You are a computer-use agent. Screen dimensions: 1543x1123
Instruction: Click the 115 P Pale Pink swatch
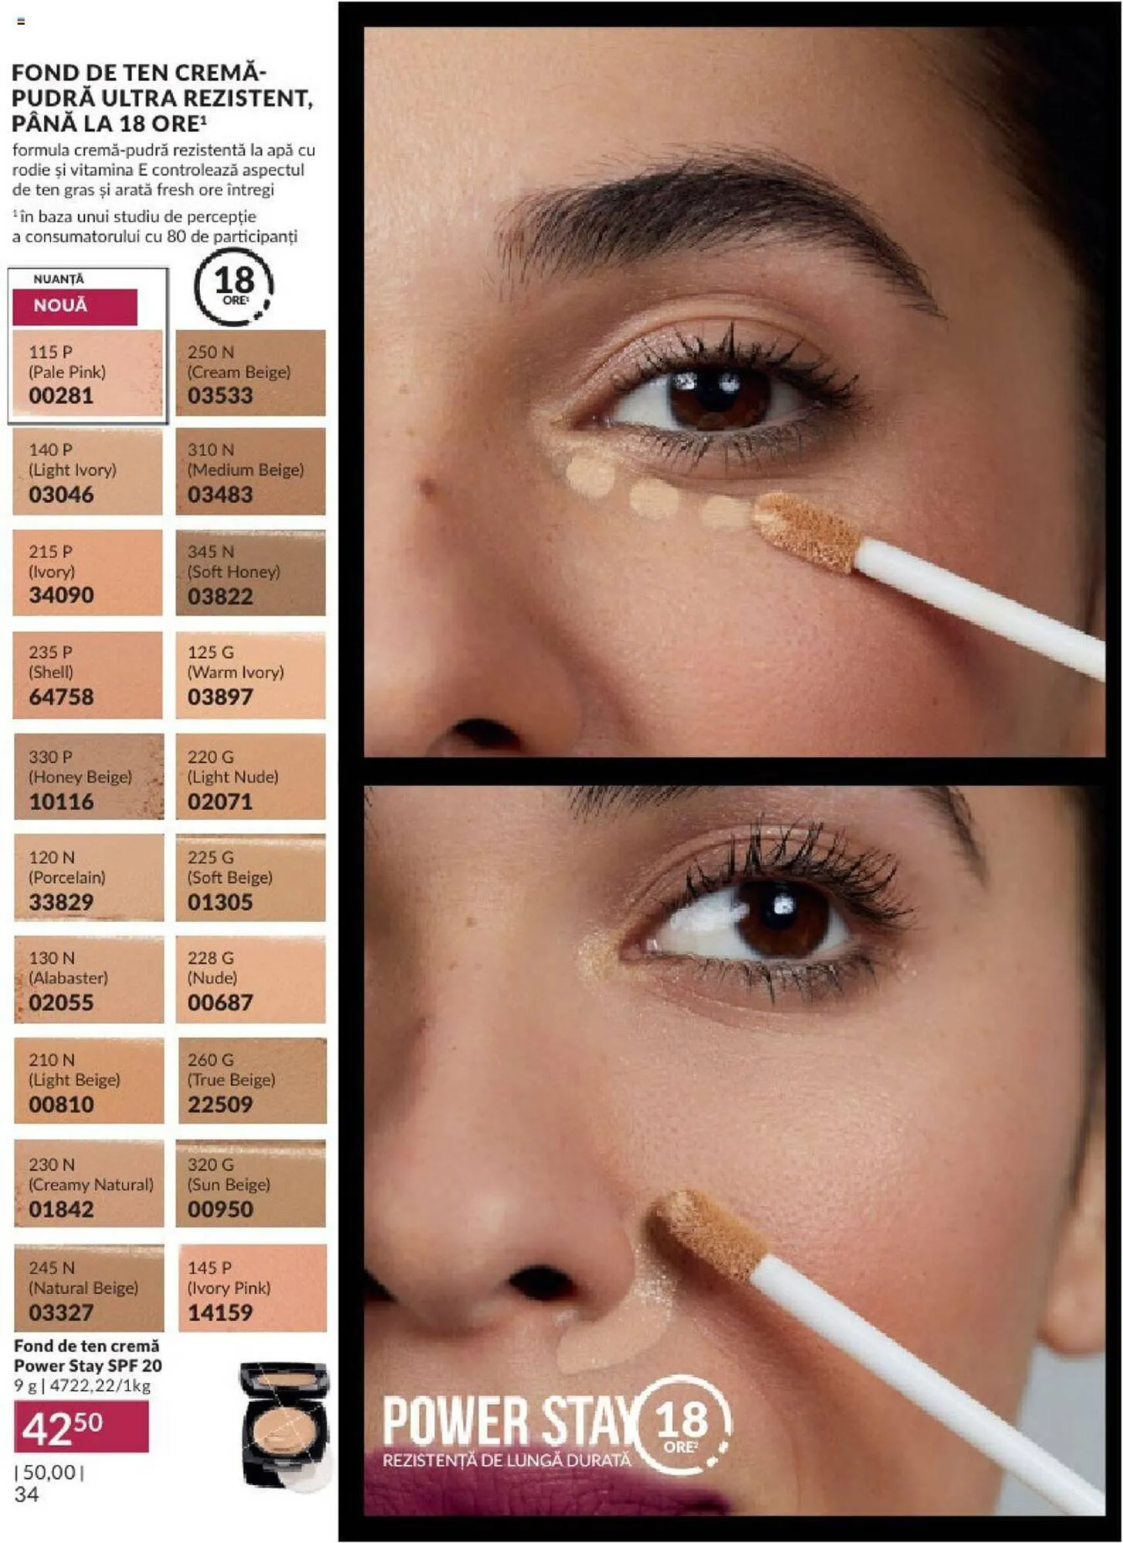coord(87,374)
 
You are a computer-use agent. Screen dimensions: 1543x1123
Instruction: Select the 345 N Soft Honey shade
coord(250,573)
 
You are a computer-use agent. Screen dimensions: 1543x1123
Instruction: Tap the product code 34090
coord(61,596)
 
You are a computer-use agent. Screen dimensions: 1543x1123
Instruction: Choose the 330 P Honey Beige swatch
coord(88,777)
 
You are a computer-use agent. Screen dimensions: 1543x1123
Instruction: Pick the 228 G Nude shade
coord(250,980)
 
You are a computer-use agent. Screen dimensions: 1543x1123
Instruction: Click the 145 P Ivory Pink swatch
coord(252,1288)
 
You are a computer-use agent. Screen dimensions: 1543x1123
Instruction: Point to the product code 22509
coord(220,1105)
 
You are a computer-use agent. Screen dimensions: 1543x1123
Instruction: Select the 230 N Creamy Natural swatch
coord(88,1184)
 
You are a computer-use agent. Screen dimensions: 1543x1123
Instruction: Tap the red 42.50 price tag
coord(80,1427)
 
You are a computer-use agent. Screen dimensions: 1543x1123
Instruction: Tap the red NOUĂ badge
coord(74,306)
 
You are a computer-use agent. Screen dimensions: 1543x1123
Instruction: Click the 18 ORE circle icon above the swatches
coord(234,287)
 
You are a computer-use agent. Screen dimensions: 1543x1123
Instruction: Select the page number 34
coord(26,1495)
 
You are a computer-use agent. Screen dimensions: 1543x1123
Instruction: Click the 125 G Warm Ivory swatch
coord(250,675)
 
